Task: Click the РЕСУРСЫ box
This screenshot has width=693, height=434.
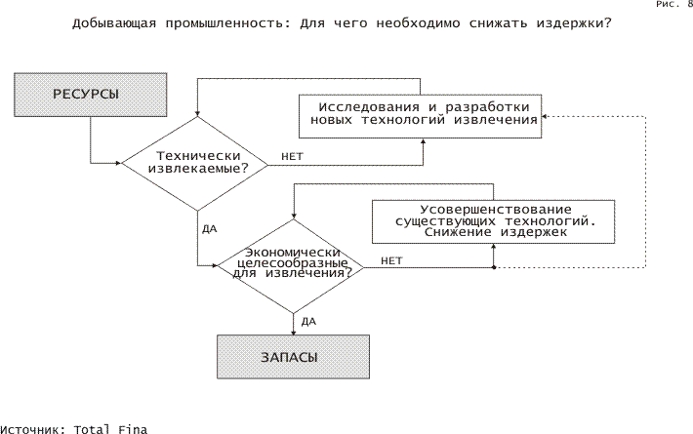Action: coord(91,95)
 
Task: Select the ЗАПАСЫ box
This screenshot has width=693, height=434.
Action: coord(293,357)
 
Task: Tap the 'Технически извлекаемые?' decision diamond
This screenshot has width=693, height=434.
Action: coord(195,164)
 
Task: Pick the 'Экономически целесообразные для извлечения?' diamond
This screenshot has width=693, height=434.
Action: coord(291,266)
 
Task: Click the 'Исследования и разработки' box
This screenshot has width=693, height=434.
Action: coord(421,116)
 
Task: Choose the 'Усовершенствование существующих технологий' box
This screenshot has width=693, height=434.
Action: coord(493,221)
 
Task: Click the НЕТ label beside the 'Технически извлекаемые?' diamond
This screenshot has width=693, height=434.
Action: coord(292,157)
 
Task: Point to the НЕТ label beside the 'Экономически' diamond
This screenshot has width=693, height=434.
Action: coord(391,261)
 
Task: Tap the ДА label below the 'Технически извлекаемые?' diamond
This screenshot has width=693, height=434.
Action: coord(210,229)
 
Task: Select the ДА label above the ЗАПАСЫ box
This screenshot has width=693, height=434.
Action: coord(308,322)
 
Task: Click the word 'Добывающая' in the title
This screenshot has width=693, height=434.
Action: coord(114,23)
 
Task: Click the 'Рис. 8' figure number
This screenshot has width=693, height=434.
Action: coord(674,4)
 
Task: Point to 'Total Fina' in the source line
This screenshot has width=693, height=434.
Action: coord(110,429)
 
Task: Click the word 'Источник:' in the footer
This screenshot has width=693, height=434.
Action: coord(33,429)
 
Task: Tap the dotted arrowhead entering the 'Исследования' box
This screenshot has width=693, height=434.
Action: coord(545,117)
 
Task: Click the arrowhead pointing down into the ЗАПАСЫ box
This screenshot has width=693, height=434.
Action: coord(294,333)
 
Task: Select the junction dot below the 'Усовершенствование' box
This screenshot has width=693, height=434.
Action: coord(494,267)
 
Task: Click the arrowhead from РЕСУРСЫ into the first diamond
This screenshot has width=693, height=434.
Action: coord(118,163)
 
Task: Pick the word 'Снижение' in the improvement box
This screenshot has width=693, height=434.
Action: coord(458,232)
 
